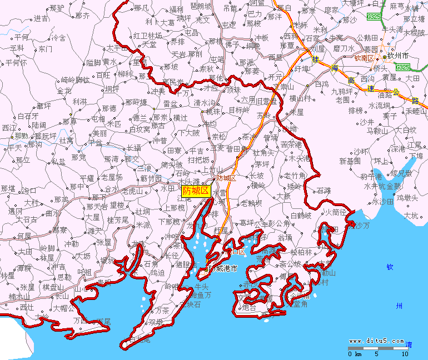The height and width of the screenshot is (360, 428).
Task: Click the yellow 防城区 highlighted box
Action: tap(196, 191)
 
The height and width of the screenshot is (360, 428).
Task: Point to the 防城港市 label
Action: tap(221, 269)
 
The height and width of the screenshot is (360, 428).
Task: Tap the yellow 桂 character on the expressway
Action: tap(316, 59)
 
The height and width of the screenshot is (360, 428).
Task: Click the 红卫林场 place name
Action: tap(147, 36)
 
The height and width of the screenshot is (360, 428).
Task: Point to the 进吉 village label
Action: tap(41, 18)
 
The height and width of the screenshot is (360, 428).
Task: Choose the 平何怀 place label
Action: tap(16, 63)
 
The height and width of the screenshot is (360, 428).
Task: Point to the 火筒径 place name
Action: tap(335, 212)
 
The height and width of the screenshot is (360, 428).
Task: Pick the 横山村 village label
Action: tap(300, 98)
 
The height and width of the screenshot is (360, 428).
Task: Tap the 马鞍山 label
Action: tap(377, 131)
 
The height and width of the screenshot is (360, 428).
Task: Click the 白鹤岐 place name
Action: tap(302, 216)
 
